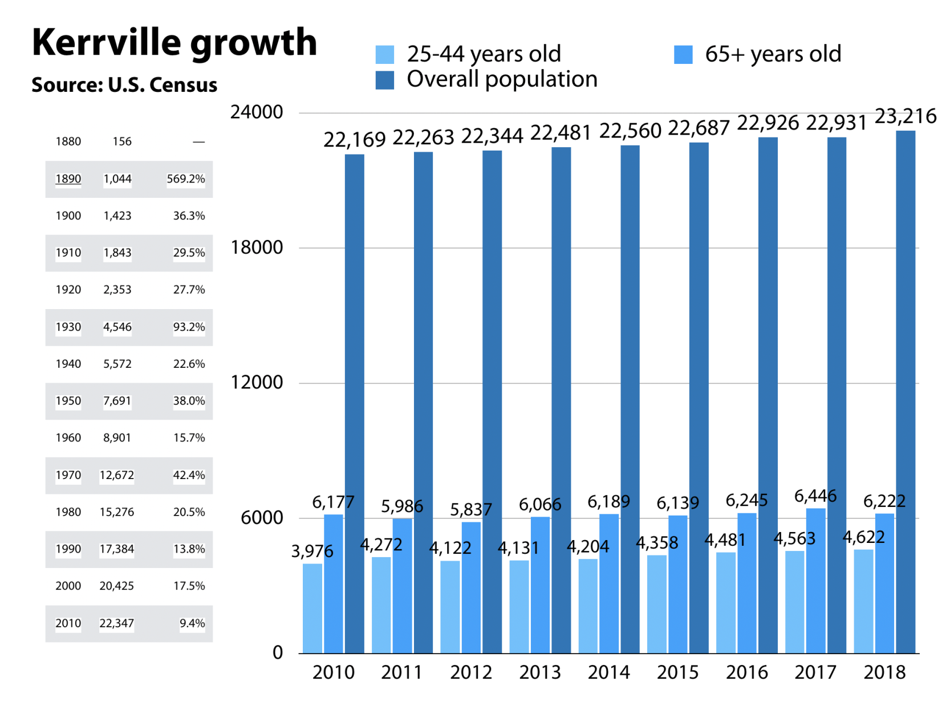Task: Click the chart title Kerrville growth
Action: click(x=174, y=42)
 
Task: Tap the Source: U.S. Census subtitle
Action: click(x=124, y=85)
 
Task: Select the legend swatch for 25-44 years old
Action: click(x=385, y=55)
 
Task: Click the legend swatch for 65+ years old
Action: click(x=683, y=55)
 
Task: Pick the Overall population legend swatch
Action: click(x=385, y=80)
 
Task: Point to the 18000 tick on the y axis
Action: click(x=256, y=248)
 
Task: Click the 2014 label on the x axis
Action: click(x=608, y=672)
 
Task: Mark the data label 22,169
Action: click(x=355, y=140)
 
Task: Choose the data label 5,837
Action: click(x=470, y=509)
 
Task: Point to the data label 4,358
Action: click(x=657, y=542)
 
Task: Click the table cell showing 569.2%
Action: click(x=185, y=179)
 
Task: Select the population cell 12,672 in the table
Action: click(x=117, y=475)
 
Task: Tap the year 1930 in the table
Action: click(x=68, y=327)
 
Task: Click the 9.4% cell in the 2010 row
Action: click(x=192, y=623)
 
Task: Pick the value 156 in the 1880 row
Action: click(x=122, y=141)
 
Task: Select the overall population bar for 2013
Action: click(x=561, y=400)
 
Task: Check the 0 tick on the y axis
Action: click(x=278, y=652)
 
